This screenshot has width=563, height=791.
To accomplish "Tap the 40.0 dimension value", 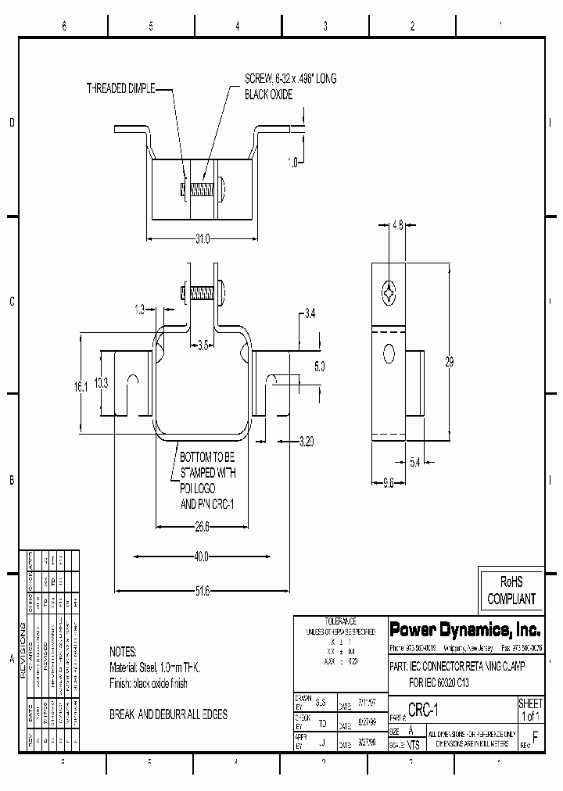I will [202, 557].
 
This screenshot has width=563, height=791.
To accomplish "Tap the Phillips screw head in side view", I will [389, 293].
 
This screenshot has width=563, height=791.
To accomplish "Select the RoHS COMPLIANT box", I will [511, 591].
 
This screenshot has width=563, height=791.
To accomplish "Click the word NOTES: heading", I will [123, 652].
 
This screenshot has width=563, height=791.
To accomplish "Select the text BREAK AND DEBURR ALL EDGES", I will [168, 715].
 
